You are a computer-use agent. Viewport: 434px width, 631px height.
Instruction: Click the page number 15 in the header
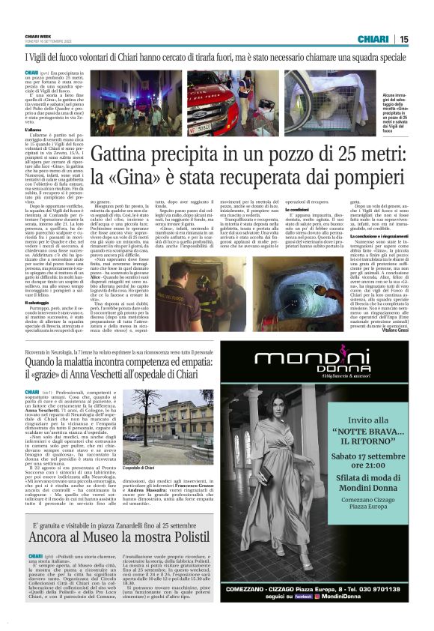pyautogui.click(x=404, y=39)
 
